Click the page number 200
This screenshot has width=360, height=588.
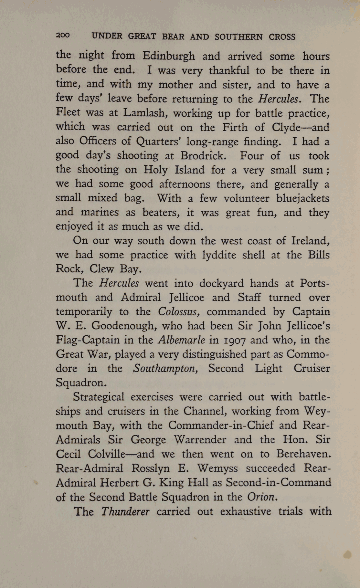click(x=63, y=36)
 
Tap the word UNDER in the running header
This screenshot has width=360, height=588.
click(x=107, y=36)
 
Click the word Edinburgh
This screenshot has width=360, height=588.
click(x=169, y=56)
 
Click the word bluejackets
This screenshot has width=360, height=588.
click(x=303, y=198)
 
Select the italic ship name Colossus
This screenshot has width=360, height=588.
click(x=178, y=312)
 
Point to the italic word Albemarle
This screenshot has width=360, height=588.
click(x=182, y=340)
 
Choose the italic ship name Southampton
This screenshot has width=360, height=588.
click(x=166, y=369)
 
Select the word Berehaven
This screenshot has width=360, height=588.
click(x=304, y=454)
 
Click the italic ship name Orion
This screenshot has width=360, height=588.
click(x=262, y=497)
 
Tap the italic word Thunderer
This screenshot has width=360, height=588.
click(x=125, y=511)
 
